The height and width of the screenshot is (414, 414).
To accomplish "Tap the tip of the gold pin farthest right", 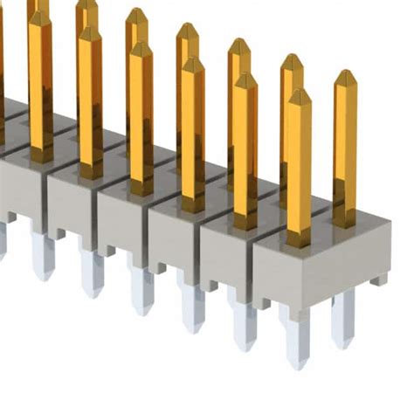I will coord(346,74).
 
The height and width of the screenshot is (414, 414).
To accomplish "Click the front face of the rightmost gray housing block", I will coord(310,275).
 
